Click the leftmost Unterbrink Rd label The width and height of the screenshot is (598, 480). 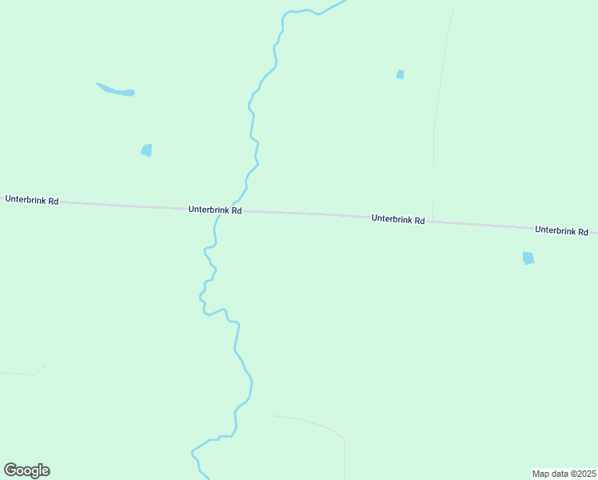(x=31, y=199)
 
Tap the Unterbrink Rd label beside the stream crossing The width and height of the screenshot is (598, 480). (x=215, y=210)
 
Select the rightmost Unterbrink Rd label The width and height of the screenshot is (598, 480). (x=561, y=230)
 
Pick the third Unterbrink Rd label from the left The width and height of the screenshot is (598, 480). (x=397, y=218)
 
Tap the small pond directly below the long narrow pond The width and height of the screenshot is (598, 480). (x=146, y=150)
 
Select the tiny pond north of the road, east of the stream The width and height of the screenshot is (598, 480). (x=400, y=74)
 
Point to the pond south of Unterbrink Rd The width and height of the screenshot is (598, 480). (x=528, y=258)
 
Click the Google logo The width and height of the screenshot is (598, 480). (x=26, y=470)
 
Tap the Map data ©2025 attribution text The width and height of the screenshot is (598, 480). (x=564, y=474)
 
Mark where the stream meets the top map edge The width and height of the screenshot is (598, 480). (x=344, y=2)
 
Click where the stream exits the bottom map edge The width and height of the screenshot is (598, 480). (x=207, y=478)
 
